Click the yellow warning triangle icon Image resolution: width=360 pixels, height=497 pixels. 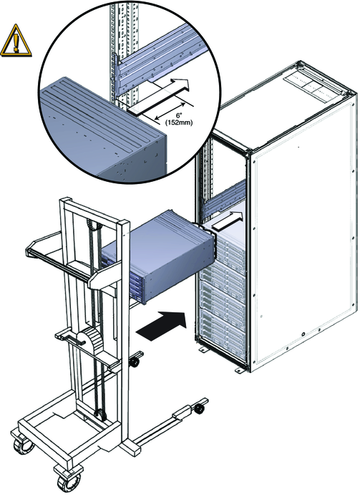(x=16, y=41)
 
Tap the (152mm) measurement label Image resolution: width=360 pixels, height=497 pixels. (x=179, y=122)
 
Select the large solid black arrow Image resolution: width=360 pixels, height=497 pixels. (x=160, y=326)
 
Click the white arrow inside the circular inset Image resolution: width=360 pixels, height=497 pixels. (x=158, y=96)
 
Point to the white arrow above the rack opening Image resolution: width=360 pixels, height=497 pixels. (x=228, y=221)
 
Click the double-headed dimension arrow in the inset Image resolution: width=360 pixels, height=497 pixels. (x=170, y=110)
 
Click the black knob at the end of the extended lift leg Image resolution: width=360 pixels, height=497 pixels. (x=200, y=409)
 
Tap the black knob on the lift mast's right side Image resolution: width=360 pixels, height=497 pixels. (x=135, y=362)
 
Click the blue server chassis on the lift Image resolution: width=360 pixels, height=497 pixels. (x=158, y=257)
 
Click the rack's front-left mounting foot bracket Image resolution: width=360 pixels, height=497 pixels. (x=202, y=349)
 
